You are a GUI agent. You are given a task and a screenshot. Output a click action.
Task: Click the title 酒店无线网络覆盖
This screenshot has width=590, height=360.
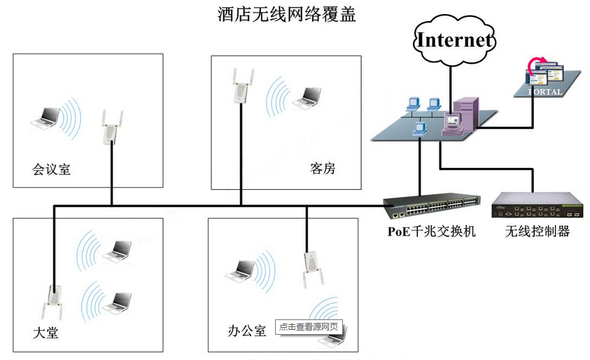point(287,14)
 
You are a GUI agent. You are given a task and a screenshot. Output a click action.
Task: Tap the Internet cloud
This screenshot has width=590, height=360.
point(454,40)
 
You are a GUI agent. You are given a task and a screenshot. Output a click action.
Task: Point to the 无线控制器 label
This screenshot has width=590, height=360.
point(537,231)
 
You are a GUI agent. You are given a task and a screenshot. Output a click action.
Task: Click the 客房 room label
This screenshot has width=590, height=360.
point(323,169)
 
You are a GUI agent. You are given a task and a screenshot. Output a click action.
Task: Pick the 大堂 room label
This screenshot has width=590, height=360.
point(45,333)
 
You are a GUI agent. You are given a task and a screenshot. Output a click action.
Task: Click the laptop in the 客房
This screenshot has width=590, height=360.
point(307,97)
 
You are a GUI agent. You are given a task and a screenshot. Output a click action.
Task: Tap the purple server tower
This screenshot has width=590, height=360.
point(465,116)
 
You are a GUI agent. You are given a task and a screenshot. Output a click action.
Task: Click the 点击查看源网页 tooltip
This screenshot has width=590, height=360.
point(309,327)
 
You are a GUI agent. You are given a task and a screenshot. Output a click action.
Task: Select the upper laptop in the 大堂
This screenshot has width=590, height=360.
point(116,250)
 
